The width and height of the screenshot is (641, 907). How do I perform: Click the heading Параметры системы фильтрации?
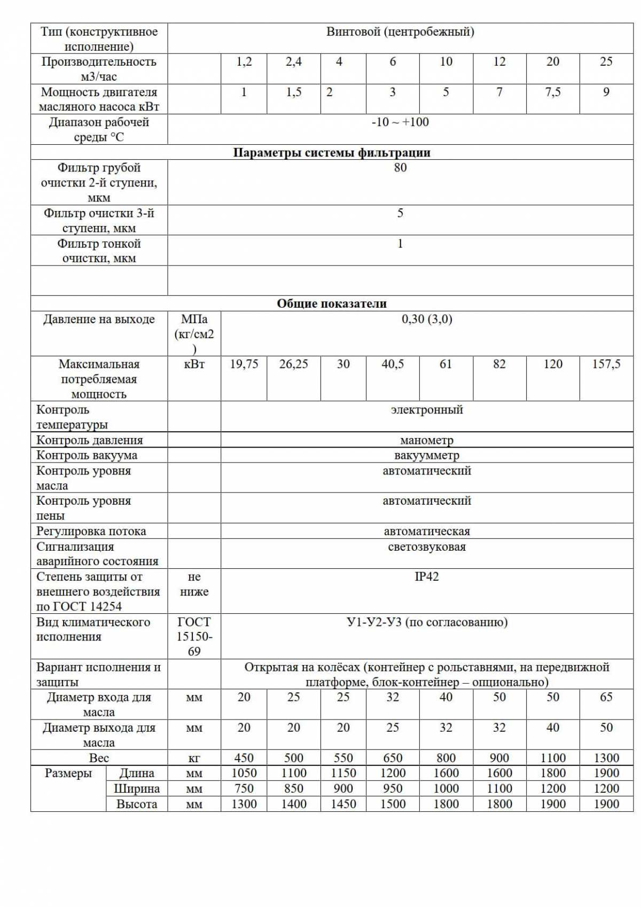coord(331,153)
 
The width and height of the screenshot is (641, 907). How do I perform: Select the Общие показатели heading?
coord(331,304)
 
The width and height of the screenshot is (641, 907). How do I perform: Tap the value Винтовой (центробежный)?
coord(400,32)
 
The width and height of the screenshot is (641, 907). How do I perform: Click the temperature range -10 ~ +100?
coord(400,122)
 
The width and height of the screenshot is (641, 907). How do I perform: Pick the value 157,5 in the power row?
coord(606,364)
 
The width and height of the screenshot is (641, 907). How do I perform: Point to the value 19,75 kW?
coord(244,364)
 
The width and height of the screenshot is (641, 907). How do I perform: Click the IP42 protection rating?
coord(426,577)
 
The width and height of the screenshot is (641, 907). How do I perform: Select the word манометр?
coord(426,441)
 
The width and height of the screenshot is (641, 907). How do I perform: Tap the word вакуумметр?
coord(426,456)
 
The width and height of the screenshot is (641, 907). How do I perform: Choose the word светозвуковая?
coord(426,547)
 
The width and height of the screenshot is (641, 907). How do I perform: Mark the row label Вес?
coord(99,758)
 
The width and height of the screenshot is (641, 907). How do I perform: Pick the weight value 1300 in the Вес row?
coord(606,758)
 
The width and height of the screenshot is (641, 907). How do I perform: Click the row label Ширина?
coord(136,789)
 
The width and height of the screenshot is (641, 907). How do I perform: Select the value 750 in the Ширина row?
coord(244,789)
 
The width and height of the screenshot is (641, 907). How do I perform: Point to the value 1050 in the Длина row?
coord(244,773)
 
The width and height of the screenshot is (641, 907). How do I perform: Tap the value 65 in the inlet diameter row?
coord(606,698)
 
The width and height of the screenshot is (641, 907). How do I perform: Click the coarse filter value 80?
coord(400,168)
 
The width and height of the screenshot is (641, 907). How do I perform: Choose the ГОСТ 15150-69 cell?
coord(194,637)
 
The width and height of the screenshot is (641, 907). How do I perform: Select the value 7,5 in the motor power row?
coord(552,92)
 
